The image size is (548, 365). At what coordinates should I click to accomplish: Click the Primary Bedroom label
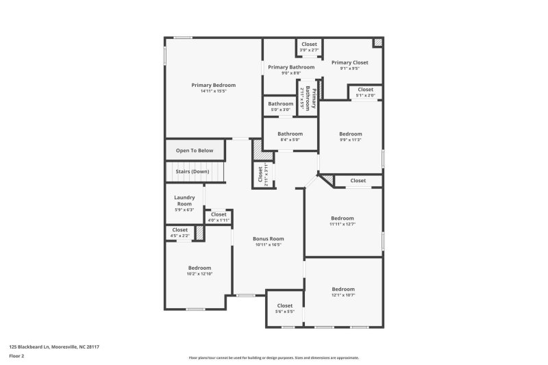[x=213, y=85]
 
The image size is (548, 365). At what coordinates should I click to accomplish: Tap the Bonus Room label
[x=269, y=239]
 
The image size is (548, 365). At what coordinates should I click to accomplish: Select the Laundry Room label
[x=184, y=201]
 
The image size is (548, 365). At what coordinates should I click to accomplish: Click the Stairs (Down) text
[x=191, y=171]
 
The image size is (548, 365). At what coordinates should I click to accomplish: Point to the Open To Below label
[x=195, y=151]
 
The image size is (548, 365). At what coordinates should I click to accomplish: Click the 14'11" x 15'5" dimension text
[x=213, y=91]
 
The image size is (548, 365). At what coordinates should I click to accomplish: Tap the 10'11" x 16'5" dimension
[x=269, y=245]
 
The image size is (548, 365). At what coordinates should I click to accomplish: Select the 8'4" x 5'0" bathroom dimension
[x=290, y=140]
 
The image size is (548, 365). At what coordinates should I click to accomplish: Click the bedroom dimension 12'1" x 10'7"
[x=342, y=295]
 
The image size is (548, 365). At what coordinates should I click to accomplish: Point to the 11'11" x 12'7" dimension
[x=342, y=224]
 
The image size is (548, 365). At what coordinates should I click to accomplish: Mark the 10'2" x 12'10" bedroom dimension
[x=199, y=274]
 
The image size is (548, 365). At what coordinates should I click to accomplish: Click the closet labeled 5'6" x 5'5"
[x=285, y=308]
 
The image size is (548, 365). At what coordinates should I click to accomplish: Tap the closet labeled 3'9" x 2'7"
[x=309, y=47]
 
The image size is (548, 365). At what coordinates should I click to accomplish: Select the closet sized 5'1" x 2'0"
[x=365, y=92]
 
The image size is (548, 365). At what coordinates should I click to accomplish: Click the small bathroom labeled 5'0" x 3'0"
[x=280, y=106]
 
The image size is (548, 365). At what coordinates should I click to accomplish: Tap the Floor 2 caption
[x=16, y=356]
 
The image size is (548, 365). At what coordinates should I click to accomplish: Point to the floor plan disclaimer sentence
[x=273, y=357]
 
